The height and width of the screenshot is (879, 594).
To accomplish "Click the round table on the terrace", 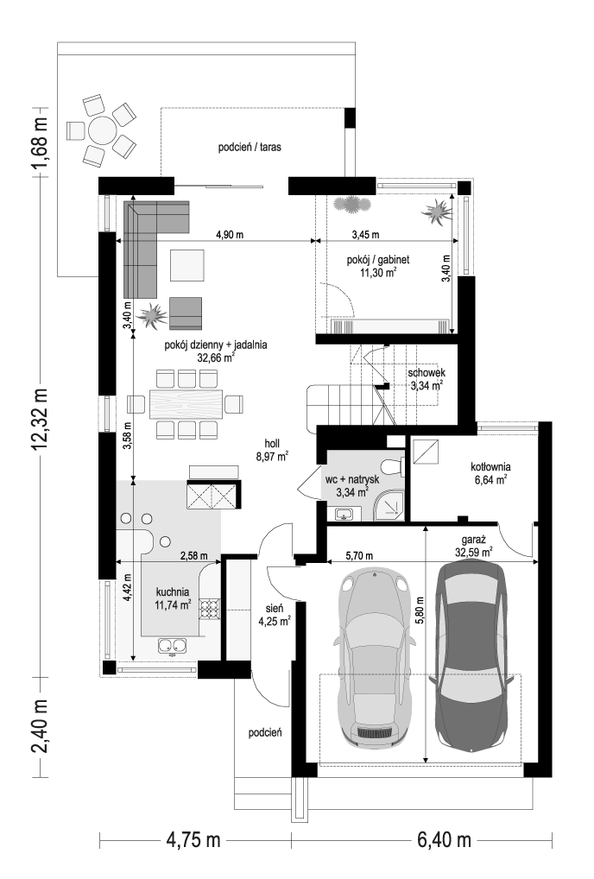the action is (101, 130).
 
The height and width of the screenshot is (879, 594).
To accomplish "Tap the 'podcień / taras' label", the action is (250, 148).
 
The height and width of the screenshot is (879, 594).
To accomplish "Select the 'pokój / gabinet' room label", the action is (377, 260).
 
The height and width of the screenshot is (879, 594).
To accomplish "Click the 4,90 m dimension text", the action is (230, 235).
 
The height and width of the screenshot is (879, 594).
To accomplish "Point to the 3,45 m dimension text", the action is (365, 235).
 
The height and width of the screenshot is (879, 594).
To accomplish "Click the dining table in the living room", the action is (186, 403).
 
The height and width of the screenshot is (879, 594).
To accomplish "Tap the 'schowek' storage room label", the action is (427, 373).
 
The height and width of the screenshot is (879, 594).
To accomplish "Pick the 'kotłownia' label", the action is (490, 466).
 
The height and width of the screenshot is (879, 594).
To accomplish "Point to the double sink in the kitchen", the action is (172, 646).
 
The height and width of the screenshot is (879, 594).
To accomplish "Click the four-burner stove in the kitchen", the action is (211, 609).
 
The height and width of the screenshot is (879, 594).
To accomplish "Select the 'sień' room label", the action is (274, 608).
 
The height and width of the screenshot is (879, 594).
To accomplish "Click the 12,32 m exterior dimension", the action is (40, 419).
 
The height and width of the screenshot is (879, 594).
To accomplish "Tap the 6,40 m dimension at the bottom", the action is (444, 840).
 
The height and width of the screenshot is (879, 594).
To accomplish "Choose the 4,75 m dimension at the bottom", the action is (193, 840).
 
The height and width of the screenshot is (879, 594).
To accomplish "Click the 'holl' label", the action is (272, 444).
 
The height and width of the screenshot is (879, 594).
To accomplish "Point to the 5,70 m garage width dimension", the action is (359, 556).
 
